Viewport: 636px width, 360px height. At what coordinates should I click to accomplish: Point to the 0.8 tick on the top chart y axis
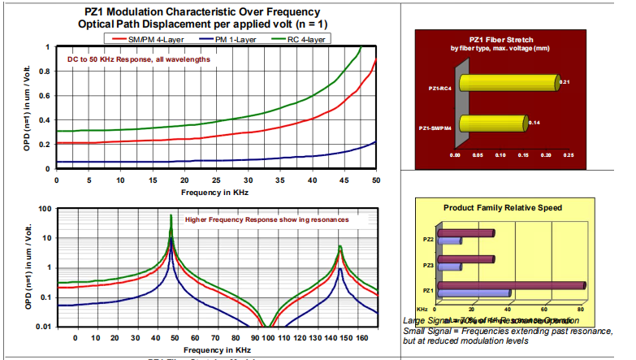(46, 72)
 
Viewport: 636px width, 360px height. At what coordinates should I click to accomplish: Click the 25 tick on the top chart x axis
(215, 180)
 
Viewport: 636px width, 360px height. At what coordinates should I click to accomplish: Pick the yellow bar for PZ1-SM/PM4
(492, 124)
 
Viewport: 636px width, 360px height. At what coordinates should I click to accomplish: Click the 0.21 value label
(566, 82)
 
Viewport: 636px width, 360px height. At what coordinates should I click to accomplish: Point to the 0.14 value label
(534, 123)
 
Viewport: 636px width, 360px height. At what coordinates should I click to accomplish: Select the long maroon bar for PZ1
(513, 285)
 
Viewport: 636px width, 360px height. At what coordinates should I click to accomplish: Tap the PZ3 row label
(427, 264)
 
